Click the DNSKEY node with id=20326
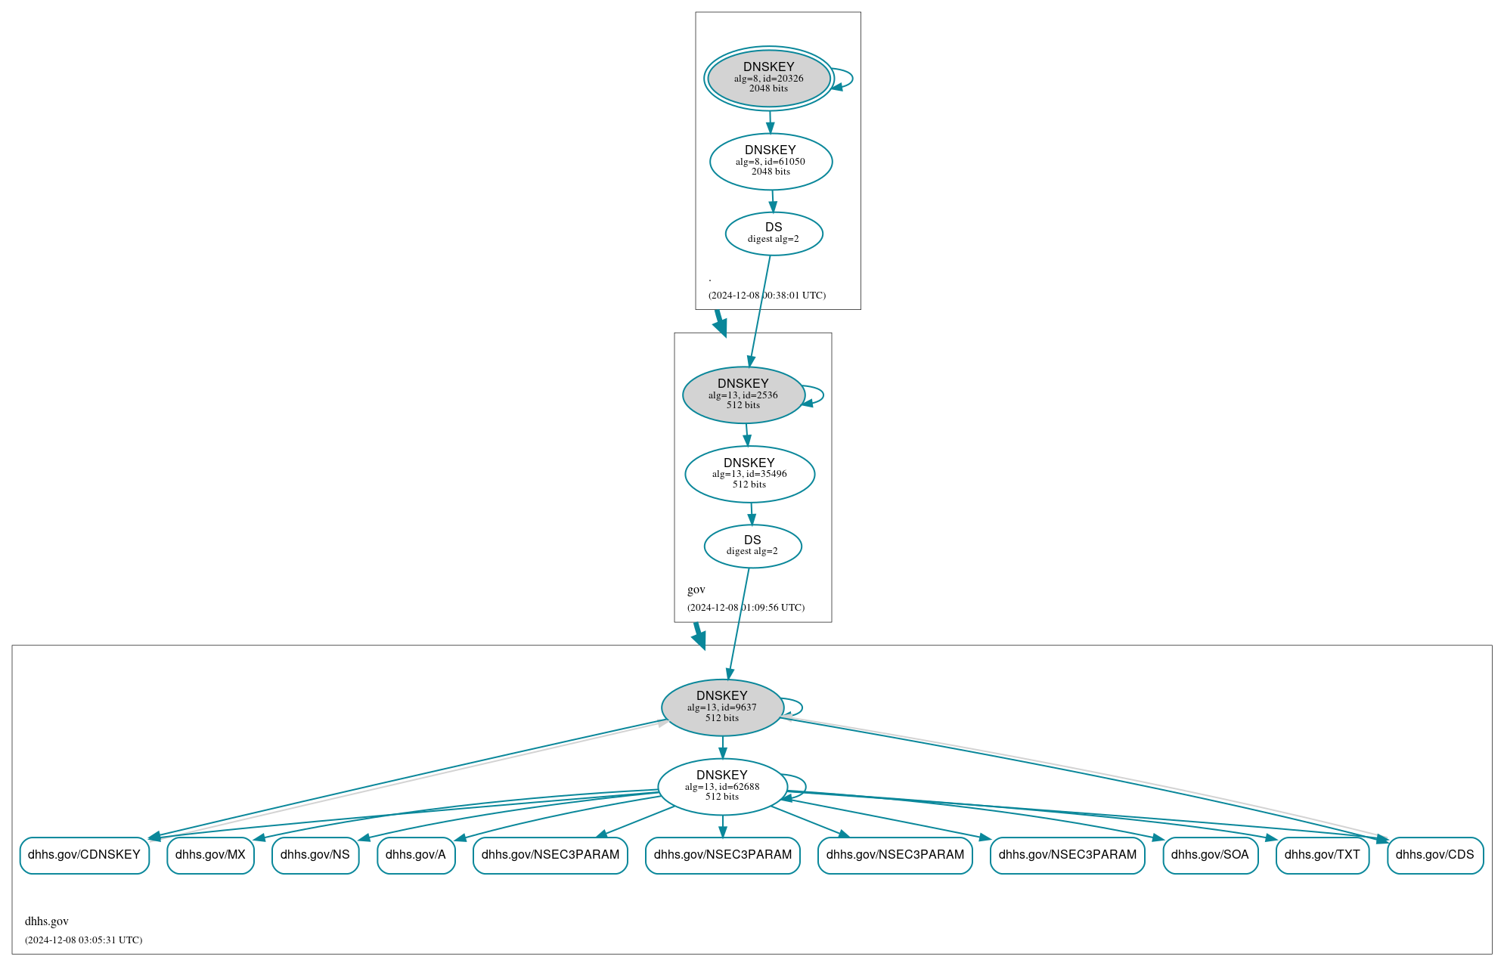(x=768, y=78)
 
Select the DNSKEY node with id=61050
(x=771, y=161)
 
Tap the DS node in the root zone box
(x=774, y=234)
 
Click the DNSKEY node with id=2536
(x=743, y=395)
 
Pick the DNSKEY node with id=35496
(x=749, y=474)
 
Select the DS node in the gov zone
(x=752, y=546)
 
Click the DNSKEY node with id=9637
(x=722, y=707)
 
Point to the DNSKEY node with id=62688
(x=722, y=786)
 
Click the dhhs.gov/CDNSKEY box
(x=84, y=855)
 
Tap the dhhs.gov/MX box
(x=210, y=855)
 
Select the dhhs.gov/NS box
(x=315, y=855)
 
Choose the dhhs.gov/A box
(x=416, y=855)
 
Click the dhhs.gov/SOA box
(x=1210, y=855)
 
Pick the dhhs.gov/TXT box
(x=1322, y=855)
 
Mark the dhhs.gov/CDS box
(x=1434, y=855)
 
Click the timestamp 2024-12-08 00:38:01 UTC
(x=767, y=296)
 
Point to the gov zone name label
(x=696, y=590)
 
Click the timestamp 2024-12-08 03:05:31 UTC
(x=83, y=940)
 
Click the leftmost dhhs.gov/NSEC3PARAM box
(x=550, y=855)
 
